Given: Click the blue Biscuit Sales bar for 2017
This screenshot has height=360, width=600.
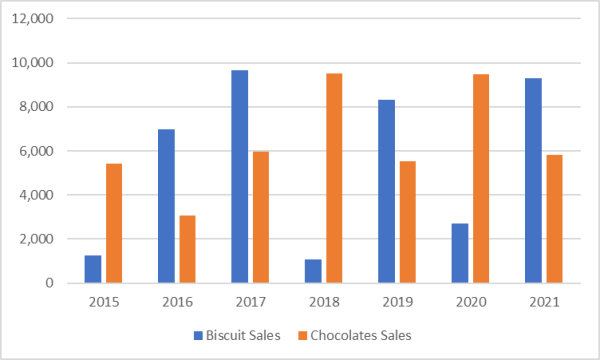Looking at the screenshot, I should tap(240, 177).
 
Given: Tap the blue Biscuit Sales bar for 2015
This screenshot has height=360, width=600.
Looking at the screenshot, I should tap(92, 269).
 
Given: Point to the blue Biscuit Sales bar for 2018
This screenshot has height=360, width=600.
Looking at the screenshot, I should tap(313, 271).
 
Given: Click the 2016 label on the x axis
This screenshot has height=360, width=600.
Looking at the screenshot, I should tap(176, 301).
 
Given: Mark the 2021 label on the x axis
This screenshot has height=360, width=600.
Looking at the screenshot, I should tap(545, 301).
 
